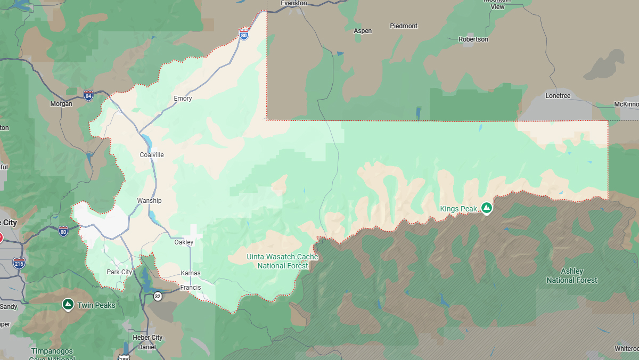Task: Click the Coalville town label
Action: [152, 155]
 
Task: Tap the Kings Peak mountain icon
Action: [486, 208]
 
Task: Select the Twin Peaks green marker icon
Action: [68, 304]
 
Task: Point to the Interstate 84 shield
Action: [88, 96]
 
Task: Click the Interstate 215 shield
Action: [19, 263]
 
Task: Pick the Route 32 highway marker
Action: [158, 296]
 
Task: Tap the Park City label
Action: [119, 272]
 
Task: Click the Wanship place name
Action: [149, 201]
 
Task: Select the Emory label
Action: [183, 99]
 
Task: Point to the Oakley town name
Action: [184, 242]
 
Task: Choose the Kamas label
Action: [191, 273]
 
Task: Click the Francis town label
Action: [190, 288]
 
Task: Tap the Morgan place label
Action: [61, 104]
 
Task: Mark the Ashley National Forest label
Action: [572, 276]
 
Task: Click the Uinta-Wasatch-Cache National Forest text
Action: [282, 261]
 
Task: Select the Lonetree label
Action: [558, 96]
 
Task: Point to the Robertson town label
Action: [473, 39]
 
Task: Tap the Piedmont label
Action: [404, 26]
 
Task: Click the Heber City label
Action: [148, 338]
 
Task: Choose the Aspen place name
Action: [363, 31]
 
